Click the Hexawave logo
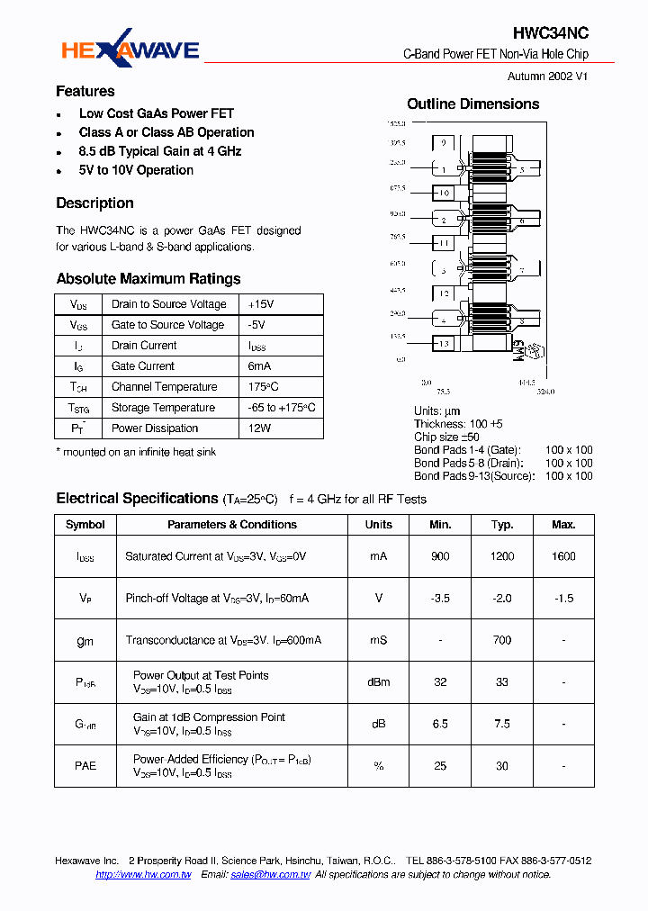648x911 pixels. tap(130, 50)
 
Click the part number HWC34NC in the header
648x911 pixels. tap(551, 33)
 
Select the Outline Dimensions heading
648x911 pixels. tap(473, 104)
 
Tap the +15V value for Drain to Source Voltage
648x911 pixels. tap(261, 304)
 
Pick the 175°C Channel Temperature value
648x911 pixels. tap(263, 387)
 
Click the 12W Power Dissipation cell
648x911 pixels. tap(259, 428)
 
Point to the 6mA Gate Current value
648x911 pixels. tap(259, 366)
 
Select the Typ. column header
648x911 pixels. tap(502, 525)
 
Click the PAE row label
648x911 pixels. tap(85, 766)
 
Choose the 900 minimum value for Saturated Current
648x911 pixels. tap(440, 556)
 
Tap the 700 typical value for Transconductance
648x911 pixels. tap(502, 640)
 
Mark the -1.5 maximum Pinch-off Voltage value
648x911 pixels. tap(563, 599)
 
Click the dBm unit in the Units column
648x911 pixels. tap(379, 682)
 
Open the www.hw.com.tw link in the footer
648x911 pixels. tap(143, 875)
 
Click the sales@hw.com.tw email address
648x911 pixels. tap(271, 875)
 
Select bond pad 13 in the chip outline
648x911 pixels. tap(443, 344)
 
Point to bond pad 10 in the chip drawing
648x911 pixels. tap(444, 194)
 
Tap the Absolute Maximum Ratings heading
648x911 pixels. tap(148, 279)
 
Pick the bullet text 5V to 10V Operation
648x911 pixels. tap(136, 170)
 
